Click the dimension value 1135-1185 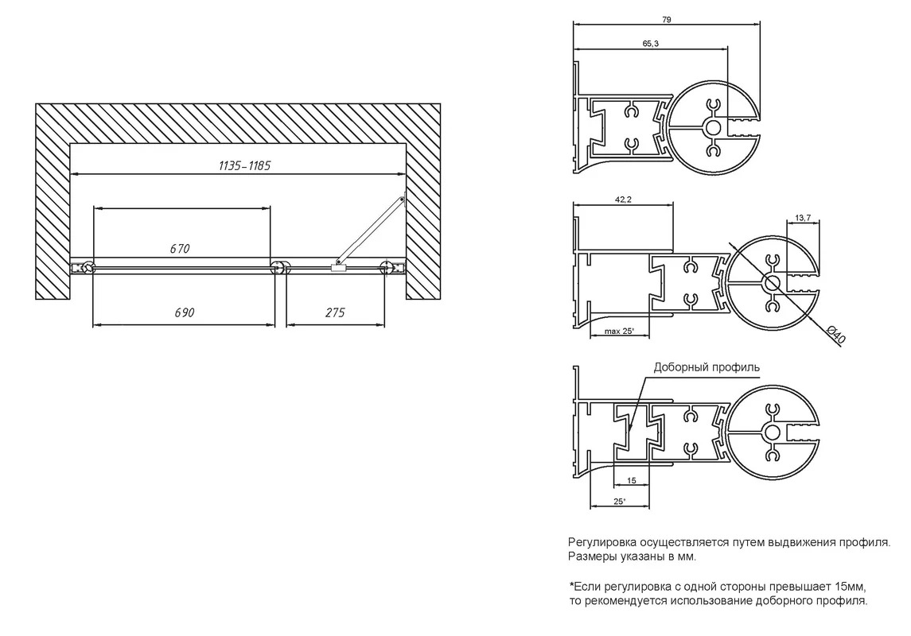point(244,165)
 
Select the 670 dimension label point(180,248)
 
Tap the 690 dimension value point(184,312)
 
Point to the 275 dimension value point(335,312)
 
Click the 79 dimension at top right point(667,20)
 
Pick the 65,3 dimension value point(651,44)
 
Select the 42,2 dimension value point(623,200)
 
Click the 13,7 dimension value point(803,218)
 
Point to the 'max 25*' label point(619,332)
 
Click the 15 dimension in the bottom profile point(632,480)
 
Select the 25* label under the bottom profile point(619,502)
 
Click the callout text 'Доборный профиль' point(707,367)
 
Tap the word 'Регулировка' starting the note point(602,543)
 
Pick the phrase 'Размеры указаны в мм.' point(632,557)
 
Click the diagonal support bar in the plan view point(371,231)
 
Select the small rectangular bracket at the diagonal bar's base point(337,267)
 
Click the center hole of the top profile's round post point(714,128)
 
